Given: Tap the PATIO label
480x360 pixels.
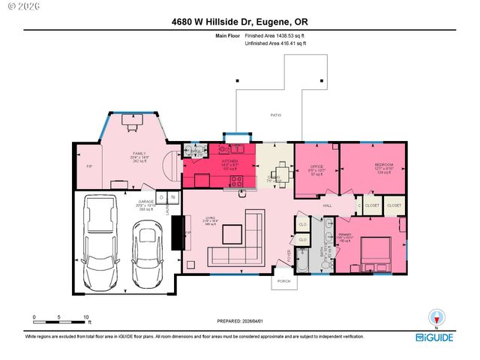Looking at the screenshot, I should click(x=275, y=115).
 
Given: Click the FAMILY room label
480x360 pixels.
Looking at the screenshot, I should click(x=139, y=154).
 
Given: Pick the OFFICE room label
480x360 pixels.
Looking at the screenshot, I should click(x=316, y=167).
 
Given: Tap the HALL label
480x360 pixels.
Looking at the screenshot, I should click(x=327, y=205).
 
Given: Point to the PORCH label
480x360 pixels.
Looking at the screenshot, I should click(x=283, y=281).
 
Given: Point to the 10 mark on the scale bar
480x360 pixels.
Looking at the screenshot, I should click(x=86, y=317).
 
